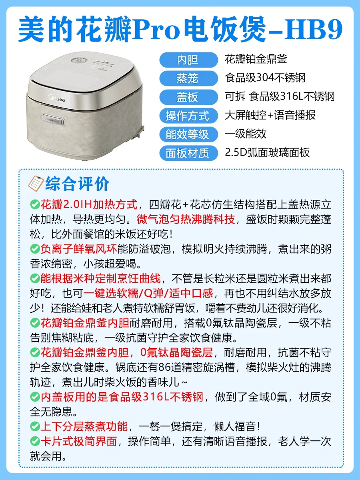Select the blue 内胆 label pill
click(x=188, y=60)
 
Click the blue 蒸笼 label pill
click(x=188, y=78)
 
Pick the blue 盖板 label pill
click(x=188, y=97)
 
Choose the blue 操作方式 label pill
click(x=188, y=116)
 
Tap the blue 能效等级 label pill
click(x=188, y=134)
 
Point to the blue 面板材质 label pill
click(x=188, y=153)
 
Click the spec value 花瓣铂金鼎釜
click(x=256, y=59)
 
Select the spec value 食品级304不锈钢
click(x=265, y=78)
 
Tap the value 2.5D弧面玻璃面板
click(x=267, y=152)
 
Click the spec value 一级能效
click(x=246, y=134)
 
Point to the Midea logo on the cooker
click(x=57, y=98)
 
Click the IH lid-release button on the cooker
click(x=53, y=120)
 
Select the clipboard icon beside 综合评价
click(x=36, y=183)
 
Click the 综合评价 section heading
click(x=77, y=184)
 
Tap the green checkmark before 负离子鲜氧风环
click(x=35, y=249)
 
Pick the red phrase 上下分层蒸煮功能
click(x=84, y=426)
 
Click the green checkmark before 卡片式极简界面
click(x=35, y=441)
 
